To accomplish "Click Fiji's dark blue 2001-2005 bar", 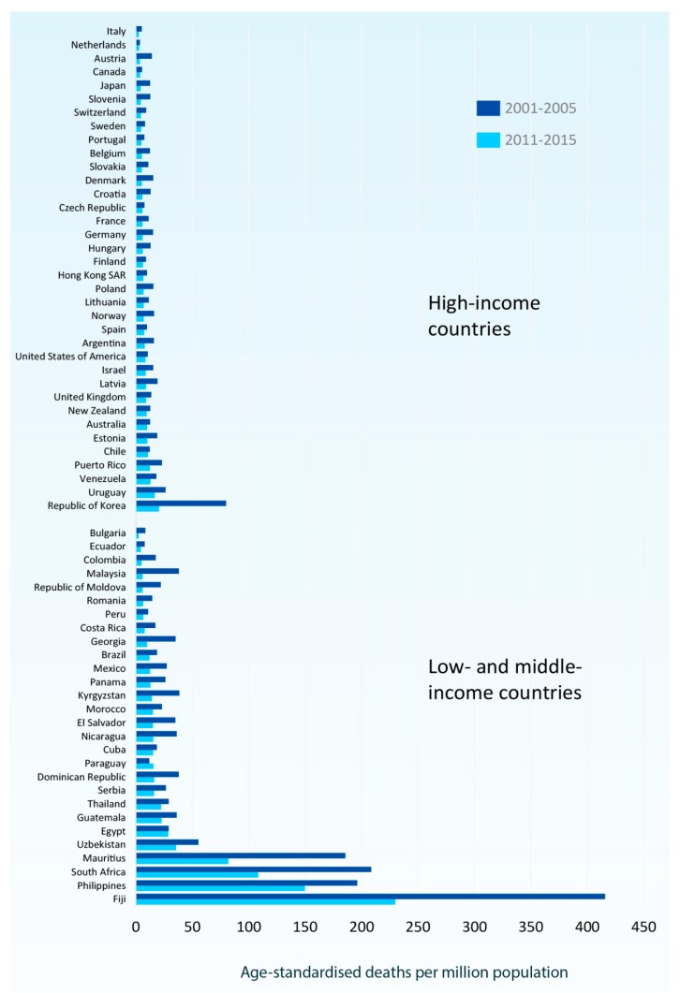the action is [x=371, y=896].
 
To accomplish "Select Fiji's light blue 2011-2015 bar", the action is [x=265, y=902].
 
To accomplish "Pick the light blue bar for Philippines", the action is [x=220, y=888].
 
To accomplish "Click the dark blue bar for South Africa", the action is [x=254, y=869].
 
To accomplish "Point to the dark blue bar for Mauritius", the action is [x=241, y=855].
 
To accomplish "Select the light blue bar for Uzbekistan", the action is [x=155, y=847].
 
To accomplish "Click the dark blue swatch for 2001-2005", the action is [x=488, y=109].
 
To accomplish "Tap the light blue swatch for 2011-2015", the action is [x=488, y=140].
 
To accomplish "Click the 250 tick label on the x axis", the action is [x=418, y=927].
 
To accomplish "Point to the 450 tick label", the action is [x=643, y=927].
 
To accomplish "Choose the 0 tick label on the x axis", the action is [x=136, y=927].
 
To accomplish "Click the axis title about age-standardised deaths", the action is [x=404, y=972].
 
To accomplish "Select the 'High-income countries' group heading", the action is [x=484, y=315].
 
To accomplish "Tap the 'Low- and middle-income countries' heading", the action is [x=505, y=679].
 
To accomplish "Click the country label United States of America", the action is [x=70, y=357].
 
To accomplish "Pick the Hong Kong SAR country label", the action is [x=92, y=275].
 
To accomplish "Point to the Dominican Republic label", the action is [x=81, y=777].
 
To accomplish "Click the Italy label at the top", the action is [x=116, y=31].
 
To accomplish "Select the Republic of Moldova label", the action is [x=80, y=587].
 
